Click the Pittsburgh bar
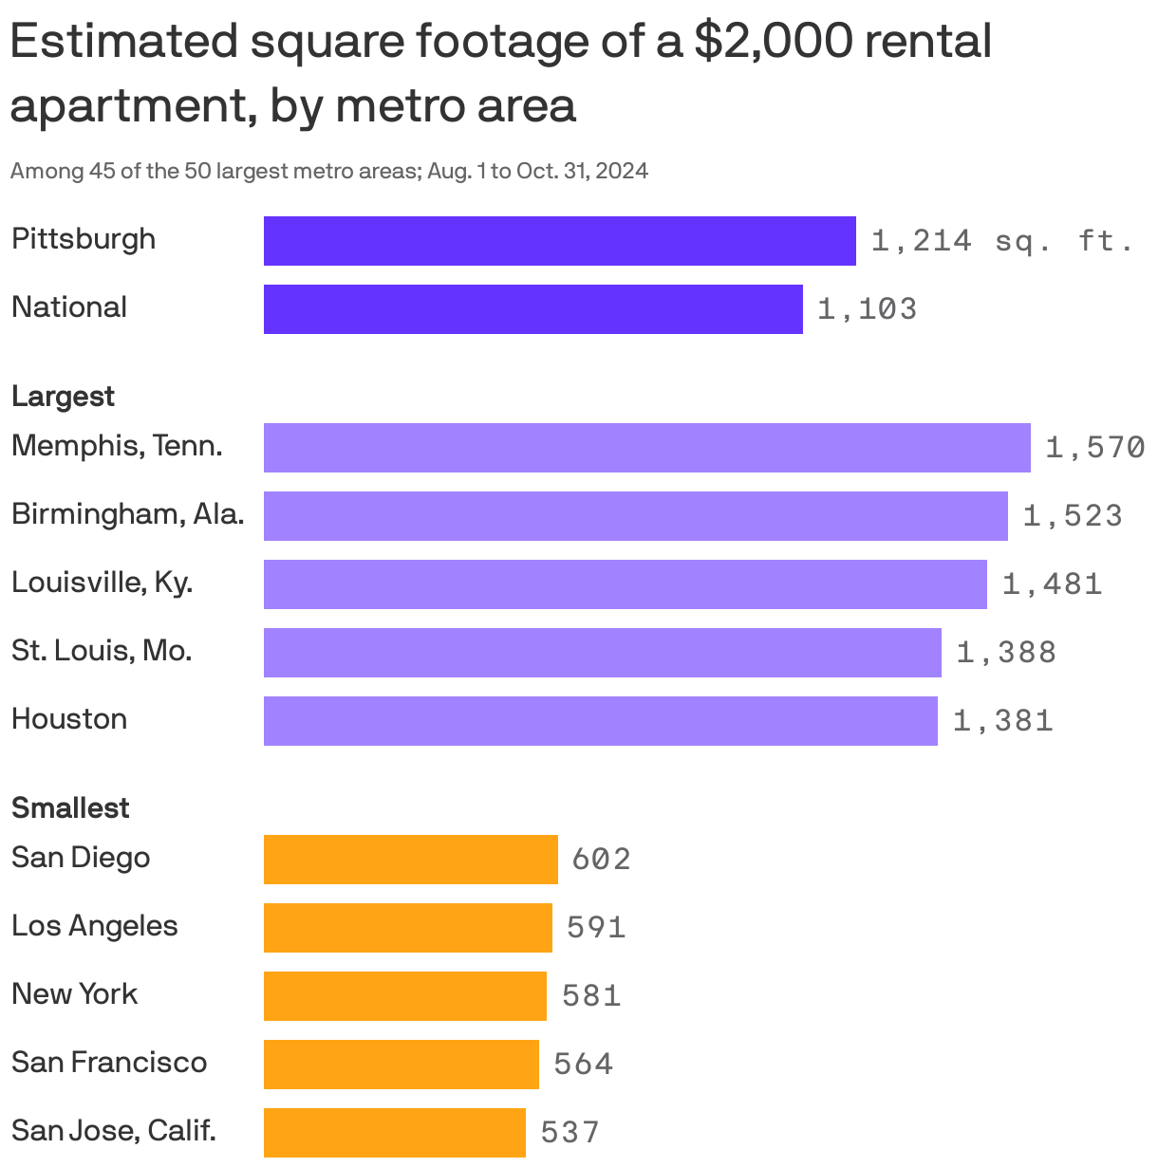tap(559, 241)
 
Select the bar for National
tap(532, 309)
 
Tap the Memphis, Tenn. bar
tap(646, 448)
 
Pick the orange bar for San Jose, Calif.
tap(394, 1133)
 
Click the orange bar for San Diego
tap(410, 860)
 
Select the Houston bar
tap(600, 721)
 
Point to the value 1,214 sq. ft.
tap(1002, 241)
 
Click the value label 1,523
tap(1073, 516)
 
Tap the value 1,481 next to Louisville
tap(1052, 584)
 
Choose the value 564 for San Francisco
tap(583, 1065)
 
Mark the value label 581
tap(591, 996)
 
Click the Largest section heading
tap(63, 397)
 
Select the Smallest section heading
tap(70, 808)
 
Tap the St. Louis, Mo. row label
tap(102, 651)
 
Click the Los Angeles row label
tap(94, 926)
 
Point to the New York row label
tap(74, 994)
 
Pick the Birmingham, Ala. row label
tap(127, 514)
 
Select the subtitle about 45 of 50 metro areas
tap(328, 172)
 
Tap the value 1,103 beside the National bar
tap(867, 309)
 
